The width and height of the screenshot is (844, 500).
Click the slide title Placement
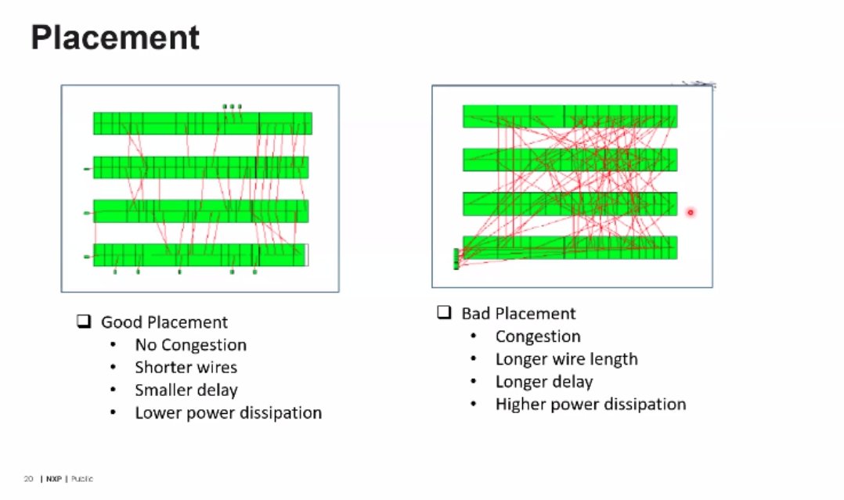(115, 37)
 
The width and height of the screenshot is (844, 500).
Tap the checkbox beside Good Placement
(84, 321)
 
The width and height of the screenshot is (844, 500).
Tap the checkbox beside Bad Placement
(444, 312)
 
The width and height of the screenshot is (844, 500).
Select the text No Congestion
(190, 345)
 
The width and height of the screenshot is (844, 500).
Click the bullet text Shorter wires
(186, 368)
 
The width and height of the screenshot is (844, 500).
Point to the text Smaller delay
(186, 390)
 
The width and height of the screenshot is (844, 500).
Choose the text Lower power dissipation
(228, 412)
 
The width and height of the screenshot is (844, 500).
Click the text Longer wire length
(566, 359)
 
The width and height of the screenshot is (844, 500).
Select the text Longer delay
(544, 382)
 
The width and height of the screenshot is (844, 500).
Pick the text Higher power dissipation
(590, 405)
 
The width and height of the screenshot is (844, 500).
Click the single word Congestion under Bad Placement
(538, 336)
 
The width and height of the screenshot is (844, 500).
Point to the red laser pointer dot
(691, 212)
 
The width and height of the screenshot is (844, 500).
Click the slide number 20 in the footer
(28, 478)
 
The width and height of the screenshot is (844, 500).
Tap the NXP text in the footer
(53, 478)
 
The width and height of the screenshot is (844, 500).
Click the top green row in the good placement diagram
(202, 124)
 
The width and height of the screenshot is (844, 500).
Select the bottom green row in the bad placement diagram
(569, 247)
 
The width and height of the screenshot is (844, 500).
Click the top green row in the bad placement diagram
(569, 116)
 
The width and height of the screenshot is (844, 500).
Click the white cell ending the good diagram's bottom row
(306, 255)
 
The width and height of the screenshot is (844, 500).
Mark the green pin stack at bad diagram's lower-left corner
(456, 259)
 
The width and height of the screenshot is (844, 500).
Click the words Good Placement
(164, 322)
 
